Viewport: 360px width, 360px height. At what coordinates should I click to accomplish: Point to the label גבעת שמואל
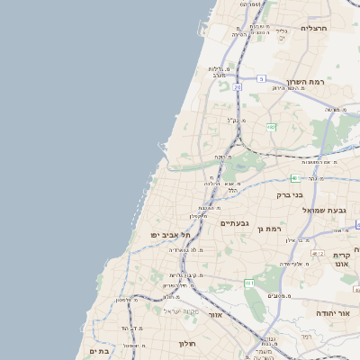coord(329,209)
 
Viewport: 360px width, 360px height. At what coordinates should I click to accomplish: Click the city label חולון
coord(187,343)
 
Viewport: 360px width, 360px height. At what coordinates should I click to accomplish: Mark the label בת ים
coord(99,351)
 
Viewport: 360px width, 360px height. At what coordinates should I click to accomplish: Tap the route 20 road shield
coord(237,87)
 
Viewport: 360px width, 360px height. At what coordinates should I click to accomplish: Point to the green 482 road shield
coord(271,127)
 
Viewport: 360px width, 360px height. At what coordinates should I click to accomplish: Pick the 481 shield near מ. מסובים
coord(249,283)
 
